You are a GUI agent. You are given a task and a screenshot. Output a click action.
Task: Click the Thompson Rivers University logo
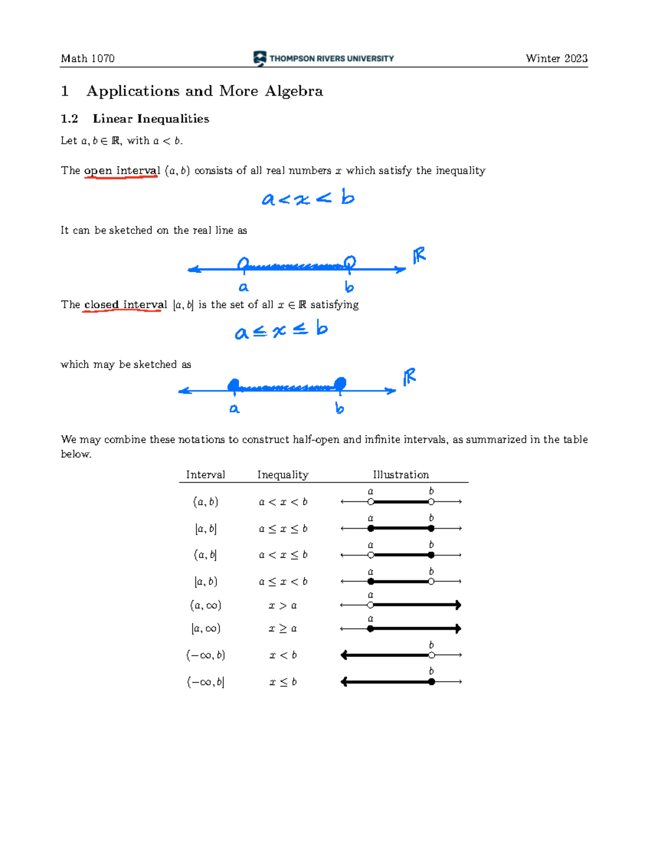click(323, 58)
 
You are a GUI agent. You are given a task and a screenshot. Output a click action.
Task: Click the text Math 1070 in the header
click(87, 59)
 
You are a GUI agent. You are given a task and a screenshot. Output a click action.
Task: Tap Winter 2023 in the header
click(556, 59)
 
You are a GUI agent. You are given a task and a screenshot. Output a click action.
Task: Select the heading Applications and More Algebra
click(205, 91)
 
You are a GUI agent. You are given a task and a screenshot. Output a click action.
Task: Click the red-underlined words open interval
click(122, 170)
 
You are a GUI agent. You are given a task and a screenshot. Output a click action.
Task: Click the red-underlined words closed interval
click(125, 305)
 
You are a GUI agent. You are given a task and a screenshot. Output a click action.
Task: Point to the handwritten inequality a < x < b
click(308, 198)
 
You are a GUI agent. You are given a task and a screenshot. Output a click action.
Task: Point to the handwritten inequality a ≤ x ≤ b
click(281, 330)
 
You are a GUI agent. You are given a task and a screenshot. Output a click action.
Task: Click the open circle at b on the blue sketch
click(350, 263)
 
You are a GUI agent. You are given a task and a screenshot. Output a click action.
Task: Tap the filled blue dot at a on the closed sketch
click(233, 385)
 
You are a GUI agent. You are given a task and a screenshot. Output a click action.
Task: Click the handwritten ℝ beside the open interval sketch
click(419, 255)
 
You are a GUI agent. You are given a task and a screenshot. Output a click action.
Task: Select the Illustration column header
click(400, 475)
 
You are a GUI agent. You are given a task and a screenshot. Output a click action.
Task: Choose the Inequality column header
click(283, 475)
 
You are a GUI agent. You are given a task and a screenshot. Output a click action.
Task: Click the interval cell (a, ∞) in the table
click(206, 605)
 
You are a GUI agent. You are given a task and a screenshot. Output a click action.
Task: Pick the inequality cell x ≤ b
click(283, 682)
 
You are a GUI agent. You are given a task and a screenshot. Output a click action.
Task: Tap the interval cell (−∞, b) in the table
click(206, 655)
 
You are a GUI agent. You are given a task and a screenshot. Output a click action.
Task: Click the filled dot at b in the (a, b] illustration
click(431, 555)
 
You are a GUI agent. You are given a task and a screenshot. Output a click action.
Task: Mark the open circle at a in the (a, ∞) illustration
click(371, 605)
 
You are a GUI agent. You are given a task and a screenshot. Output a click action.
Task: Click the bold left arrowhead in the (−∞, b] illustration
click(344, 682)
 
